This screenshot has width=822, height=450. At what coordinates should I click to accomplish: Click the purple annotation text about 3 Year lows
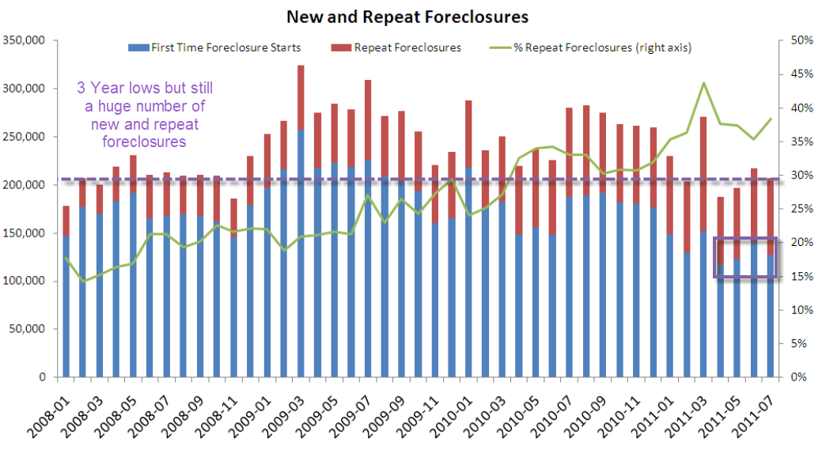(144, 114)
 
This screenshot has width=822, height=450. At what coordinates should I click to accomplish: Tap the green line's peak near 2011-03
(703, 82)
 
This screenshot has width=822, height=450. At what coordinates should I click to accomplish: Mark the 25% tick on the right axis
(800, 209)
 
